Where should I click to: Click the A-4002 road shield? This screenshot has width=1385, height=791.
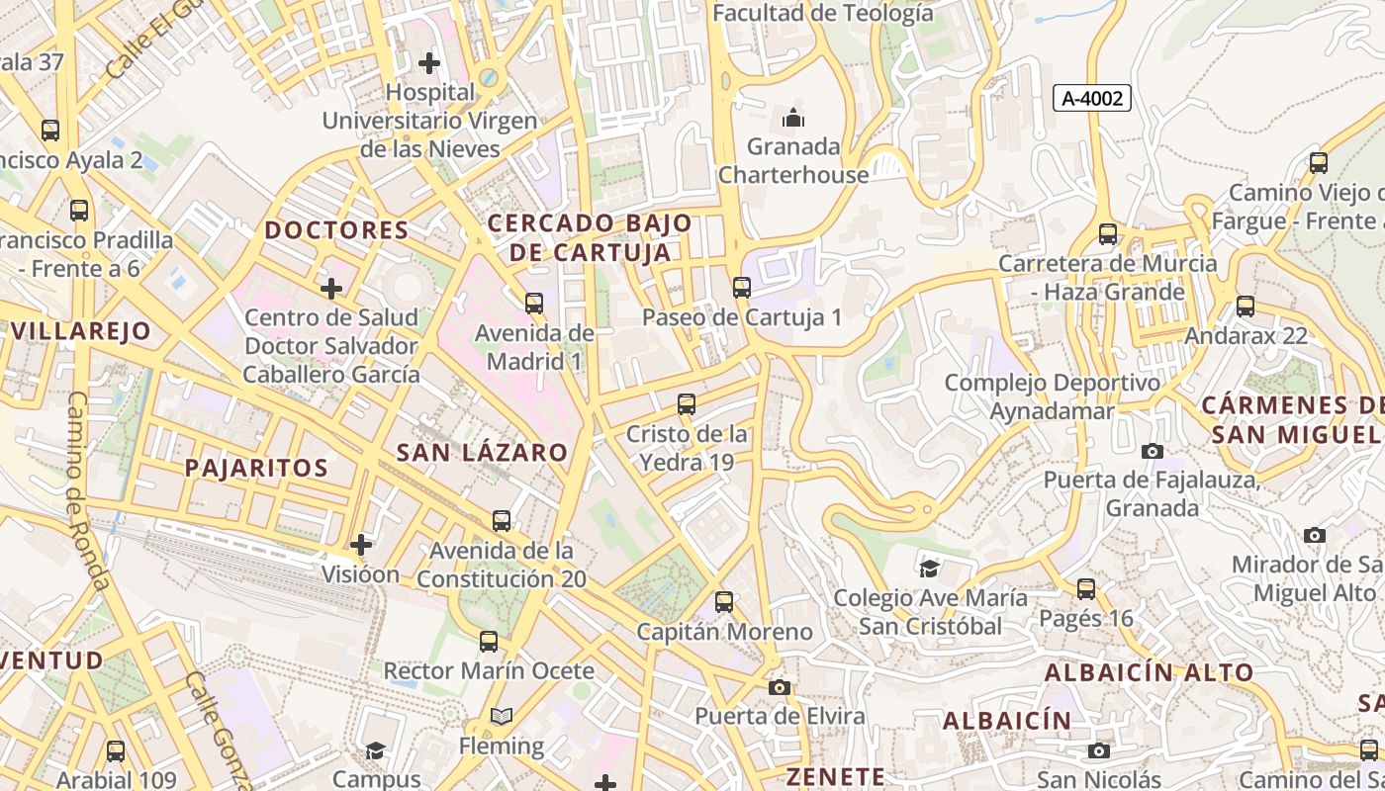pos(1091,98)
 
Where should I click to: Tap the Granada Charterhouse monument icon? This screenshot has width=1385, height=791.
pos(793,119)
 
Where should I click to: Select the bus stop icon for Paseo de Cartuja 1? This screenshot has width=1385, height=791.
pos(741,288)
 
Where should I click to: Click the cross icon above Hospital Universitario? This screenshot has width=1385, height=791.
pos(429,63)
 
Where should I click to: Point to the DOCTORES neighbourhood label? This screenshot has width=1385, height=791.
pos(336,230)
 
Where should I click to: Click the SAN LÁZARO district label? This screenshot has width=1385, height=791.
pos(482,453)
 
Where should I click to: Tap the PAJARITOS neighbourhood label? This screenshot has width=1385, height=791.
pos(255,468)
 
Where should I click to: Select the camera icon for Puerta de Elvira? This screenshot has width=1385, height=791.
pos(780,687)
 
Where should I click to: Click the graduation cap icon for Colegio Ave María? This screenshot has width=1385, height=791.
pos(929,569)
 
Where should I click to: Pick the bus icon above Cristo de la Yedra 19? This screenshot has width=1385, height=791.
pos(687,404)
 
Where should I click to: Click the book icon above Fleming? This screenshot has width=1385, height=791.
pos(502,716)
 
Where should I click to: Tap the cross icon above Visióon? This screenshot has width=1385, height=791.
pos(361,544)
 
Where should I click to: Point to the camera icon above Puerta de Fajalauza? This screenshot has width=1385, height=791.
pos(1153,451)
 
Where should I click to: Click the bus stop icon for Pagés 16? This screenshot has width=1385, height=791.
pos(1086,589)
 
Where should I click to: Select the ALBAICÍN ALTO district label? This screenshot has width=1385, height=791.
pos(1150,672)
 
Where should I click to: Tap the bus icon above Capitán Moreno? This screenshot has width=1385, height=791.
pos(724,602)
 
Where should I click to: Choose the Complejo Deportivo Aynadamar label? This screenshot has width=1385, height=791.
pos(1052,396)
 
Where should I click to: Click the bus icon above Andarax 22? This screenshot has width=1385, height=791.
pos(1246,307)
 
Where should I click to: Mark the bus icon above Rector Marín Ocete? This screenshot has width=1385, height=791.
pos(489,642)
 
